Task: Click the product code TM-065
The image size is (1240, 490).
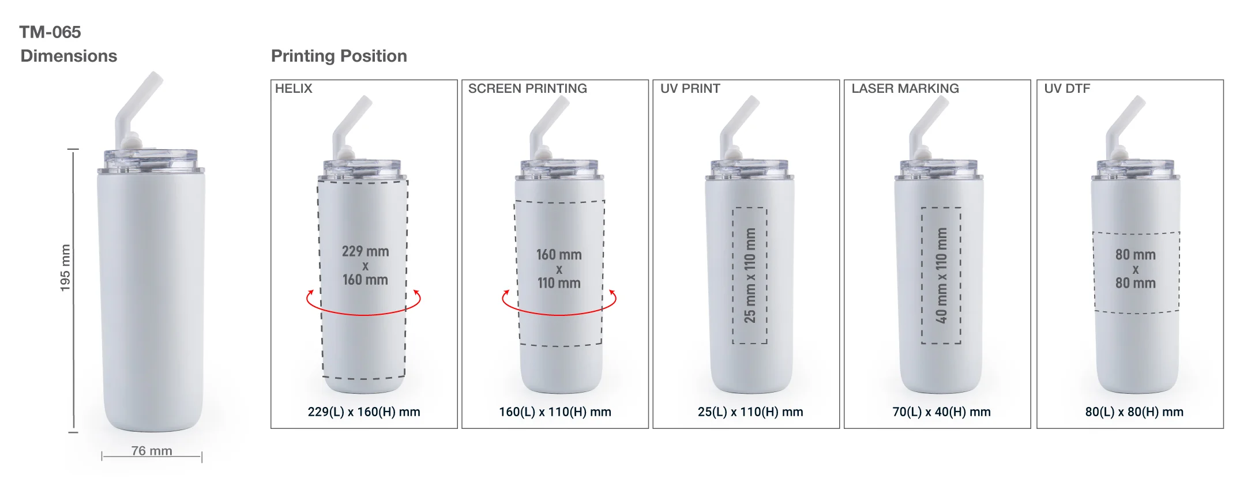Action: coord(50,32)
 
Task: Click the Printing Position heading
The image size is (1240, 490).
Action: coord(339,56)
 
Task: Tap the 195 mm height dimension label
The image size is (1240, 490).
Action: coord(65,267)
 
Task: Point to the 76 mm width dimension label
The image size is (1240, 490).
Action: coord(152,451)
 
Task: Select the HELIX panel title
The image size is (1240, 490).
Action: coord(294,89)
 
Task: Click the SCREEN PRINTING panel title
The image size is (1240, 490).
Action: coord(527,89)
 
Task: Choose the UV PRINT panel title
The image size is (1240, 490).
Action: coord(690,89)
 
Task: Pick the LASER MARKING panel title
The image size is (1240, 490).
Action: coord(905,89)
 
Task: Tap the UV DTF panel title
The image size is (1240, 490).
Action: coord(1067,89)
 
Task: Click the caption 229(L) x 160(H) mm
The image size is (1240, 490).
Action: coord(364,412)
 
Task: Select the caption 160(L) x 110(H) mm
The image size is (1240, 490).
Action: coord(555,412)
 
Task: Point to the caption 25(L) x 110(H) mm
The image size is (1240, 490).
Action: coord(750,412)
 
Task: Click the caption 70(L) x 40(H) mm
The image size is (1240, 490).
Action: coord(941,412)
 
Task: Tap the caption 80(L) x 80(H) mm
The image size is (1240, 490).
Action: coord(1134,412)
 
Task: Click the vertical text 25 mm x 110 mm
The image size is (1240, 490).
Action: coord(750,275)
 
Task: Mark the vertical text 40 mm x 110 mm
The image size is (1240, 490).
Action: coord(941,275)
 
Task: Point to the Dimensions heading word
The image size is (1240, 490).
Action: coord(69,56)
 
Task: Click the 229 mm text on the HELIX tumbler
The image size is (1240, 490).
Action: coord(365,251)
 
